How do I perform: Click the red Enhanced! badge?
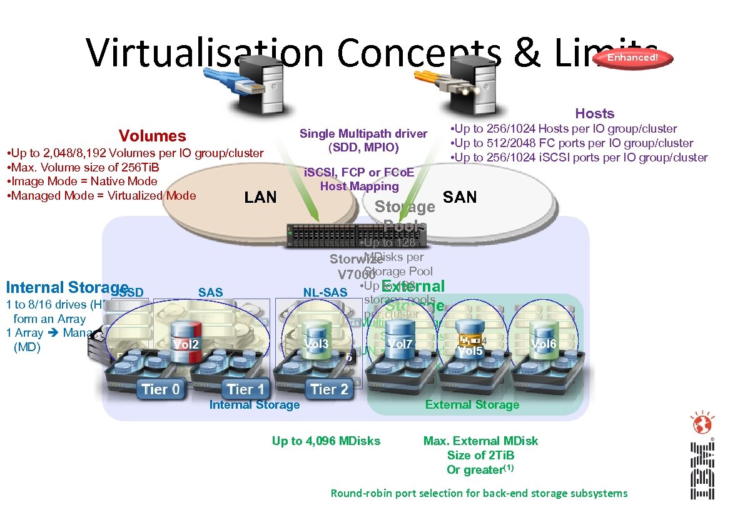(x=633, y=58)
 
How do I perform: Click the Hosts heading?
(x=594, y=113)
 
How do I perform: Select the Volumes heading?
(x=153, y=136)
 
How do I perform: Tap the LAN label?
(x=260, y=197)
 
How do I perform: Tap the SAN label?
(x=459, y=197)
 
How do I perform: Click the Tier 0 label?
(x=161, y=389)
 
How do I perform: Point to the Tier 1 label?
(x=246, y=389)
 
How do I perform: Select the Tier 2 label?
(x=329, y=389)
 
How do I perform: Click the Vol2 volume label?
(x=186, y=344)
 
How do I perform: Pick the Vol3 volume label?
(x=317, y=344)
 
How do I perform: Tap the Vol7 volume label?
(x=400, y=344)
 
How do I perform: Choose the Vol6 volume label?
(x=544, y=344)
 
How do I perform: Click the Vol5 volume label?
(x=470, y=351)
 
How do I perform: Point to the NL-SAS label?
(x=325, y=292)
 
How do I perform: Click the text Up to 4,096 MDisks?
(x=326, y=441)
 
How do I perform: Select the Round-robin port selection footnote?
(x=479, y=493)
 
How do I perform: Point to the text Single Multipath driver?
(x=363, y=133)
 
